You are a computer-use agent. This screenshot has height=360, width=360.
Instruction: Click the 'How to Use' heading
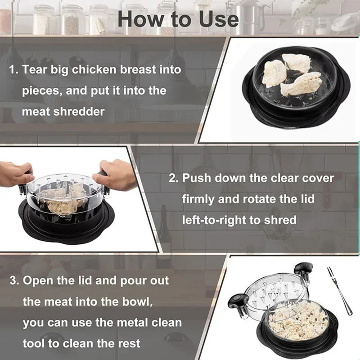click(x=178, y=19)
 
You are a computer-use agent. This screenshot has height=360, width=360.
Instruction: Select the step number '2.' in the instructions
click(x=174, y=178)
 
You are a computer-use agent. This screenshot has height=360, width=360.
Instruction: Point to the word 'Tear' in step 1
click(x=34, y=70)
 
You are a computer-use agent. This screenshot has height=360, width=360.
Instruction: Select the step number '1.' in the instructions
click(x=13, y=70)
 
